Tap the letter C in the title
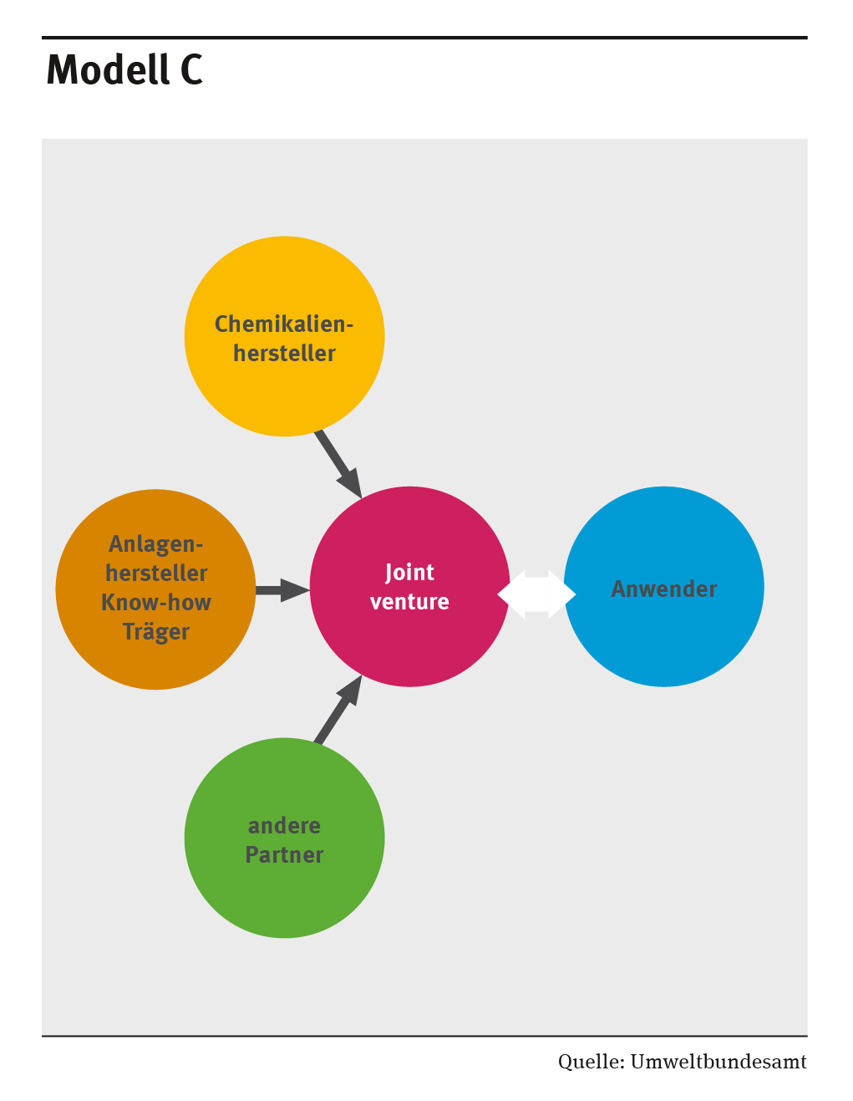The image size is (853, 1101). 191,69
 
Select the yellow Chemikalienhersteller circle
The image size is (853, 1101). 284,385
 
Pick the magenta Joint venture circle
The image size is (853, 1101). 409,644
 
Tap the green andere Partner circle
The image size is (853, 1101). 284,895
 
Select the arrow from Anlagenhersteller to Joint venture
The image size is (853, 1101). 281,590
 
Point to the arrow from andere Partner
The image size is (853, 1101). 338,711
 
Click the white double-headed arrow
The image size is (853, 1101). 536,594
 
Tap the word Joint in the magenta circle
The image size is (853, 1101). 409,573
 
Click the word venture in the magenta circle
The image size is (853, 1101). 409,602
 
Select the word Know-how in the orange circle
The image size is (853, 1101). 156,603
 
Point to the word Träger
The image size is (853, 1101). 156,632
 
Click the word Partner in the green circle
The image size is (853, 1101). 284,855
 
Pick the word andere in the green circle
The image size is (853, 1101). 284,826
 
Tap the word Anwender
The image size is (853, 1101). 664,589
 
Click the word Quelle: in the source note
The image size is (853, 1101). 592,1063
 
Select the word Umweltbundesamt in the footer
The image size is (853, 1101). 718,1063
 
